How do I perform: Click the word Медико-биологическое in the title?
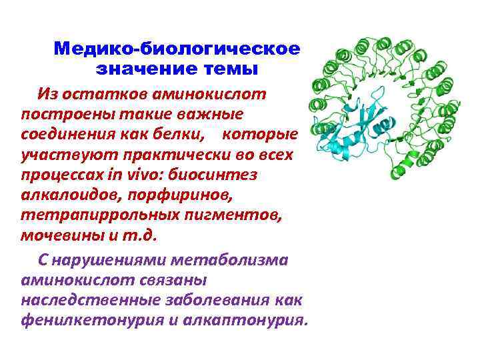pyautogui.click(x=177, y=49)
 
